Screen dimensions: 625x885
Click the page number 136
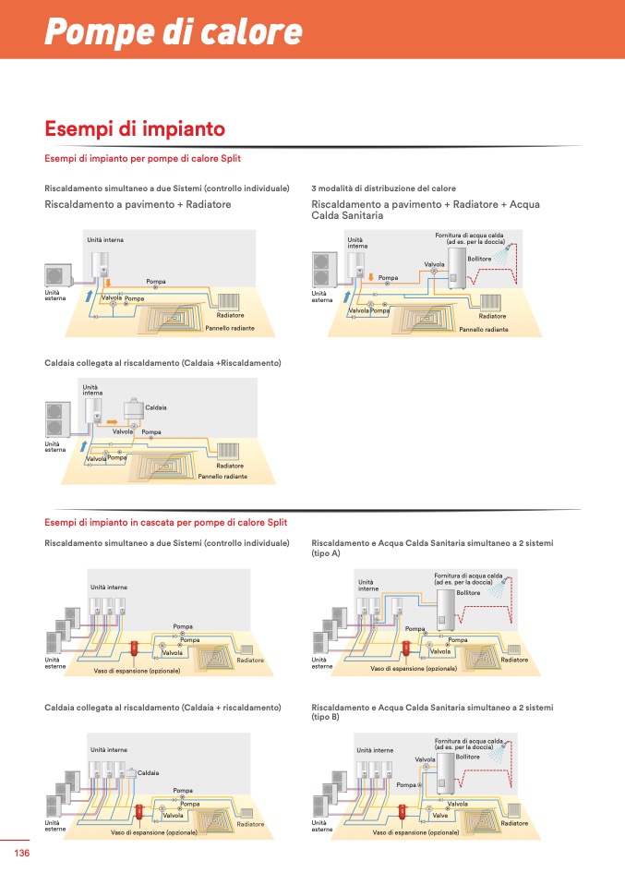[x=22, y=853]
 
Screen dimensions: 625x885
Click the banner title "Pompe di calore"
[x=174, y=31]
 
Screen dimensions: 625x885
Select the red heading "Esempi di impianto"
[x=135, y=128]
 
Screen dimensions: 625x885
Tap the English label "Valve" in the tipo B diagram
[x=440, y=815]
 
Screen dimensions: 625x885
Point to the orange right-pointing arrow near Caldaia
[x=112, y=421]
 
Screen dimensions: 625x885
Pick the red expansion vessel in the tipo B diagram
[x=403, y=813]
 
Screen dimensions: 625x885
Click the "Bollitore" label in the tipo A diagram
[x=468, y=593]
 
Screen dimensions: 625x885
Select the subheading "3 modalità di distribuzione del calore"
[x=383, y=188]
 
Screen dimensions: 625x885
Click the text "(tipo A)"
[x=326, y=553]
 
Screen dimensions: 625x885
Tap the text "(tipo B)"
[x=326, y=718]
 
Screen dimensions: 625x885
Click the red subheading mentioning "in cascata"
[x=166, y=523]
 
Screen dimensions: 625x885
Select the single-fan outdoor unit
[x=59, y=275]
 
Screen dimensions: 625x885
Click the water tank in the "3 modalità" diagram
[x=456, y=269]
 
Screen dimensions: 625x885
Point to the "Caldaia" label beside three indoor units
[x=149, y=772]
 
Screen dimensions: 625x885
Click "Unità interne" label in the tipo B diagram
[x=375, y=750]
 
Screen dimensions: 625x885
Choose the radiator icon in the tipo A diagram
[x=514, y=649]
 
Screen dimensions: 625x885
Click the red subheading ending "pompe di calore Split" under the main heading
[x=143, y=159]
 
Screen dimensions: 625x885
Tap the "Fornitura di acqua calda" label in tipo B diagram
[x=469, y=741]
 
